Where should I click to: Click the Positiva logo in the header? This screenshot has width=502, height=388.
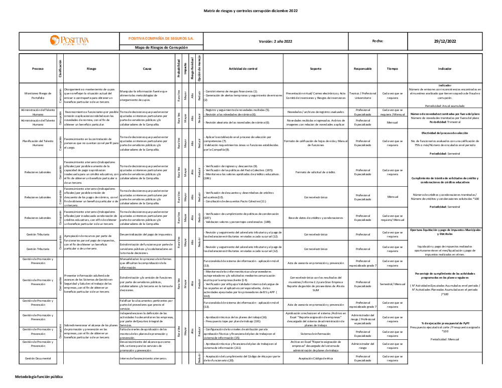point(69,41)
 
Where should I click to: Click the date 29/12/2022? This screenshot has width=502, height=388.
point(445,41)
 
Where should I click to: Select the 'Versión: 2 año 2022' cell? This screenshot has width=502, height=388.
point(275,41)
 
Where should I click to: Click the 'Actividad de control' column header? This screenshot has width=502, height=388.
point(242,68)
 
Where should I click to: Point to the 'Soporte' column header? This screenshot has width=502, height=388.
point(316,68)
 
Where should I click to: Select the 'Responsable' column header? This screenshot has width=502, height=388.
point(362,68)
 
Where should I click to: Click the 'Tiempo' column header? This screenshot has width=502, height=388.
point(392,68)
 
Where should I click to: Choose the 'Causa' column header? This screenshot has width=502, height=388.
point(147,68)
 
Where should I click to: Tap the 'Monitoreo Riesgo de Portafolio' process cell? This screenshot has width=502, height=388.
point(38,95)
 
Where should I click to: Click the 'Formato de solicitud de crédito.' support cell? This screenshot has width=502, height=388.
point(316,172)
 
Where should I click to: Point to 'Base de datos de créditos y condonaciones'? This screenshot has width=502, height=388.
point(316,218)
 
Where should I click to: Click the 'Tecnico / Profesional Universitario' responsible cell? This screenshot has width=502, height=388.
point(362,95)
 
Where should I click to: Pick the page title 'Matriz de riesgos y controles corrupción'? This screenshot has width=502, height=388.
point(250,11)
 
